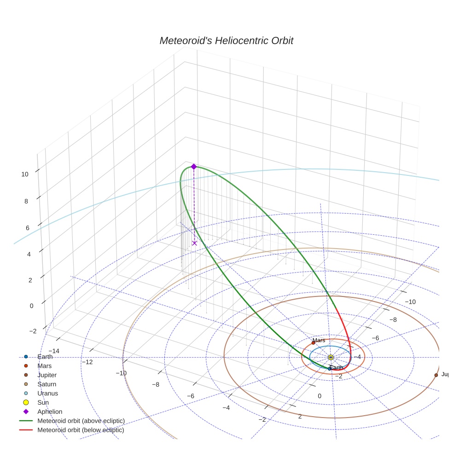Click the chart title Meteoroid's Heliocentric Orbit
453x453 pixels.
coord(226,41)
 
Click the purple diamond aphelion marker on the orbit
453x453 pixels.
coord(194,167)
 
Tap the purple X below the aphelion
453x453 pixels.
coord(194,243)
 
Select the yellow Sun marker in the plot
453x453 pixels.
coord(331,357)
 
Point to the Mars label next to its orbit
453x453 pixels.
coord(319,340)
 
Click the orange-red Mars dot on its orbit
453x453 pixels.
coord(313,343)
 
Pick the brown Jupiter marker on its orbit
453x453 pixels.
coord(436,375)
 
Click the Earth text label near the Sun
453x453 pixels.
coord(337,367)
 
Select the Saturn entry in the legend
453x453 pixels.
coord(47,384)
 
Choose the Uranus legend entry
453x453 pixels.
coord(47,393)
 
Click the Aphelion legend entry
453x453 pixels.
coord(50,412)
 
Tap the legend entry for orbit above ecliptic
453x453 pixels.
coord(81,421)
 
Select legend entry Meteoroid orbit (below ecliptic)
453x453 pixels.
coord(81,430)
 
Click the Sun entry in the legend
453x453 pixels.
coord(43,402)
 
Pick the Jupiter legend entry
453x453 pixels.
coord(47,375)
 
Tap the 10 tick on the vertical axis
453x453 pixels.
coord(25,174)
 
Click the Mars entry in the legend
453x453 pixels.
coord(45,366)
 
